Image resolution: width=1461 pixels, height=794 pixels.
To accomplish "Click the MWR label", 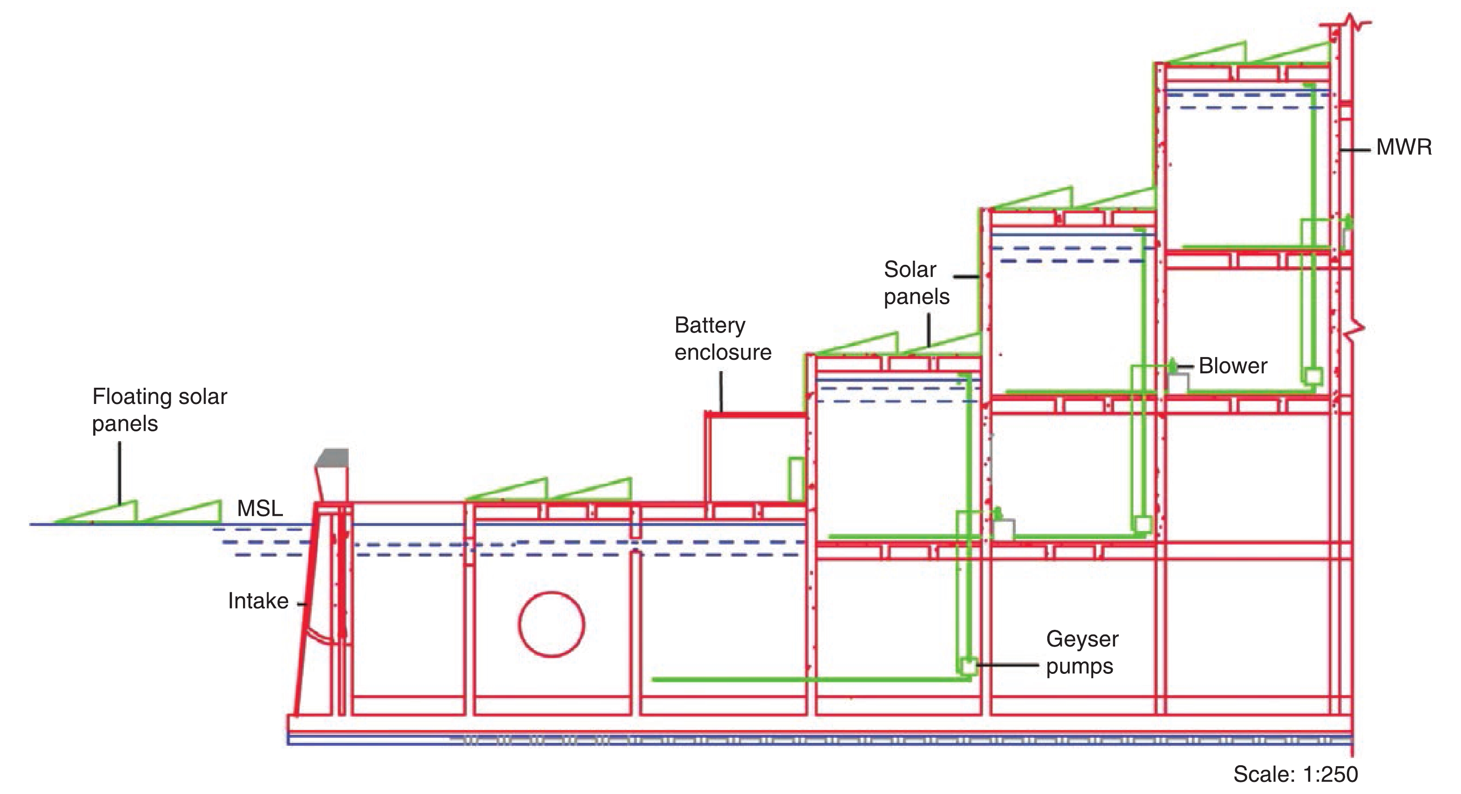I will tap(1403, 148).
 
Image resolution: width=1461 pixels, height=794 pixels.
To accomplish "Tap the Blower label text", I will tap(1233, 366).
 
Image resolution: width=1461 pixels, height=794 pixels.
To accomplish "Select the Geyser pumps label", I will tap(1082, 653).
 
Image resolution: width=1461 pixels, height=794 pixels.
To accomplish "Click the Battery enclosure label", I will tap(723, 339).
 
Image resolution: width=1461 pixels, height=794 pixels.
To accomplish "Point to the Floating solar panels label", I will tap(160, 410).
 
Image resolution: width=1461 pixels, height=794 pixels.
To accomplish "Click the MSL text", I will tap(260, 509).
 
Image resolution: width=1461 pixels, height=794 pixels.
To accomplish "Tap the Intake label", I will tap(258, 601).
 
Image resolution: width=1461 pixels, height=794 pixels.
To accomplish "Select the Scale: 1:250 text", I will tap(1295, 775).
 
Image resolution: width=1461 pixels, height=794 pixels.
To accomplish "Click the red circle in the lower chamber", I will tap(551, 624).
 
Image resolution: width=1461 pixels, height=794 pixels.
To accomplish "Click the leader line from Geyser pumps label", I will tap(1008, 665).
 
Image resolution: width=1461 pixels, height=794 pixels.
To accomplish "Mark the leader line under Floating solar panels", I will tap(120, 474).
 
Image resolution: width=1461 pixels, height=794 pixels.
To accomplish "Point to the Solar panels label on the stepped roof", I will tap(916, 283).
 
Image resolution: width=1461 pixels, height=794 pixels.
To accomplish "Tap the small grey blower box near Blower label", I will tap(1178, 384).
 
